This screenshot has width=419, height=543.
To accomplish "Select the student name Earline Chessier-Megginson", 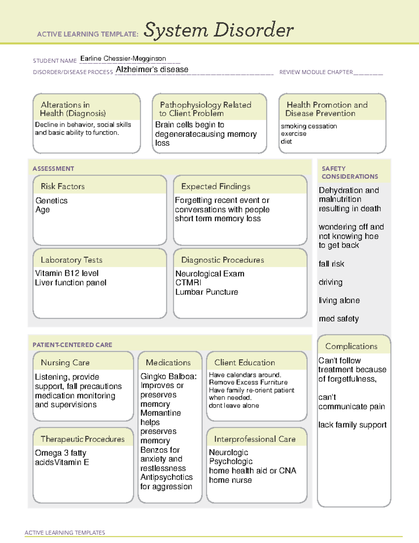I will tap(123, 59).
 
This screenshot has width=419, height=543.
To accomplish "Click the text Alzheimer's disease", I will tap(152, 70).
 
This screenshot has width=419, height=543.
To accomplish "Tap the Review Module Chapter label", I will tap(316, 72).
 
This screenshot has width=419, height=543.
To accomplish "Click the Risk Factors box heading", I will tap(63, 186).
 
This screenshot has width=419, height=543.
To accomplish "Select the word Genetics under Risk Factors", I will tap(51, 201).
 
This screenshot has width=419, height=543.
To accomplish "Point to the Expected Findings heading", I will tap(215, 186).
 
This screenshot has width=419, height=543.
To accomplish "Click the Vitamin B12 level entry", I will tap(67, 273).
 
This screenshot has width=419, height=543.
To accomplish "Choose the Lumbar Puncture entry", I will tap(206, 292).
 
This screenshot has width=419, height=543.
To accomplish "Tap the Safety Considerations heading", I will tap(350, 173).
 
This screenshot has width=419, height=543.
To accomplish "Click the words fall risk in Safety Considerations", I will tap(331, 264).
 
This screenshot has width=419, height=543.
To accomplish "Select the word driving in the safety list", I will tap(330, 282).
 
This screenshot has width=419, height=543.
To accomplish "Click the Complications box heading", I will tap(351, 346).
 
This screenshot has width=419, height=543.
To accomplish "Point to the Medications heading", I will tap(168, 363).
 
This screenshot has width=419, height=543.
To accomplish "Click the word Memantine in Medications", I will tap(160, 413).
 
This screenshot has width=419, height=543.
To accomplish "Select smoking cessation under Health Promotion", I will tap(309, 126).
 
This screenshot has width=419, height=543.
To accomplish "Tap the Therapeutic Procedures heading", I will tap(82, 439).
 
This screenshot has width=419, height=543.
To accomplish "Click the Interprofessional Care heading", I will tap(255, 439).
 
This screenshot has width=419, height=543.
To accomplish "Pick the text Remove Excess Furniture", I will tap(248, 383).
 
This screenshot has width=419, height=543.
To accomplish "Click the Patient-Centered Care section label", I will tap(72, 345).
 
